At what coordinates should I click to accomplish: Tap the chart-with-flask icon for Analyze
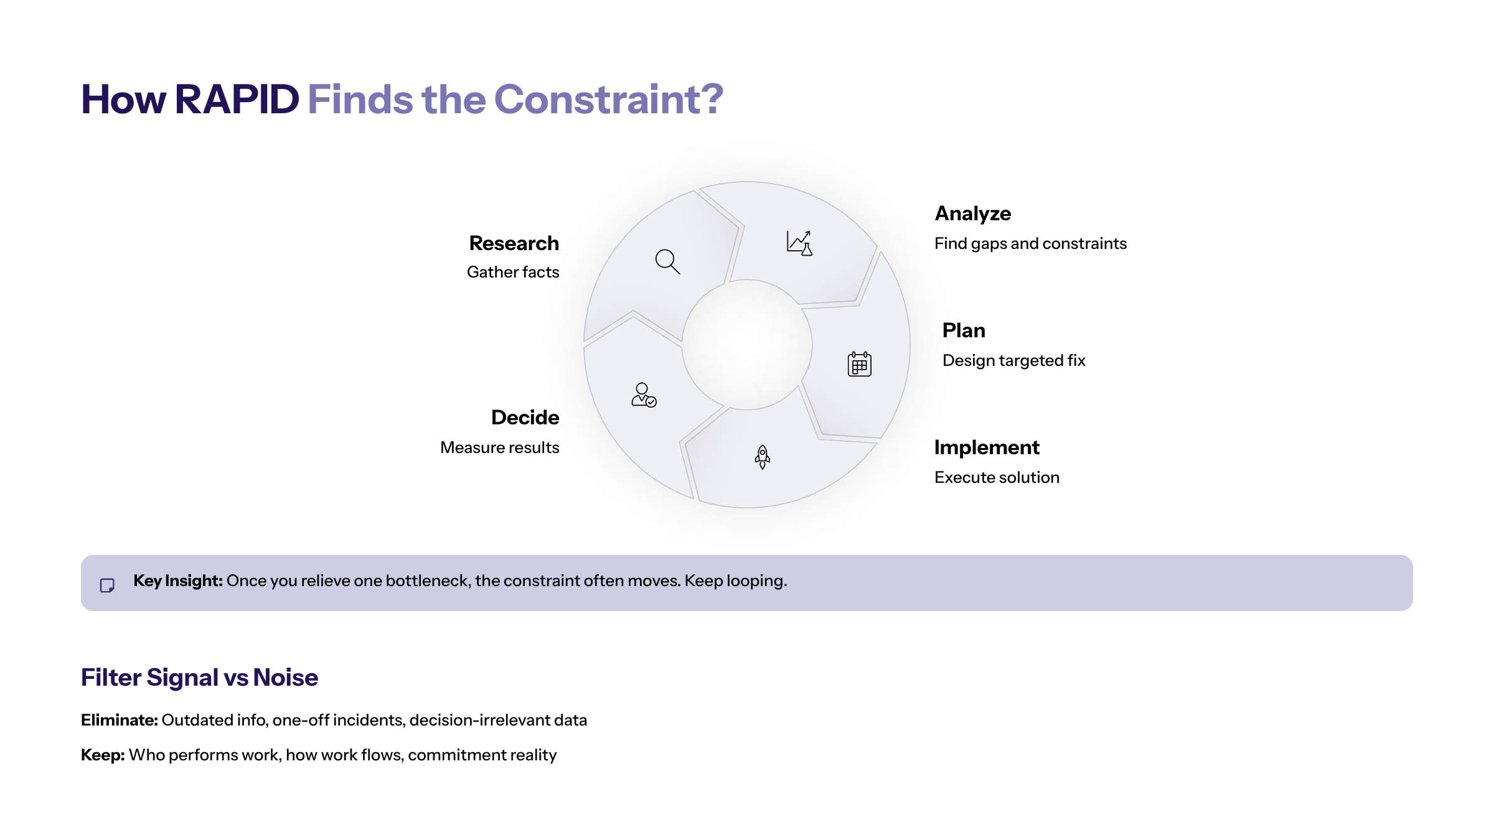[799, 243]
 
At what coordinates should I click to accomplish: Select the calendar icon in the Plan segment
[859, 364]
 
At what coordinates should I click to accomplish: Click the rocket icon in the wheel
[762, 457]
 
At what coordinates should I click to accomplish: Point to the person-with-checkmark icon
[644, 395]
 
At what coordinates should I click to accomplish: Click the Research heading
[514, 243]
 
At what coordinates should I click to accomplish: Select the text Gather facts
[513, 272]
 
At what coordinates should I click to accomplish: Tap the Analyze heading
[972, 213]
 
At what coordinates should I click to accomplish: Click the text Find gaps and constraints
[1030, 243]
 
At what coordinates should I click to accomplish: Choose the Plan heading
[964, 330]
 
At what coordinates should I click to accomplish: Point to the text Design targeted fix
[1013, 360]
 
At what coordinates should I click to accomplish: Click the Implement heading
[987, 447]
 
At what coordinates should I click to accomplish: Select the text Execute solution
[997, 477]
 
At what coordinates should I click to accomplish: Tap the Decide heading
[525, 418]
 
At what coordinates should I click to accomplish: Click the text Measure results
[499, 447]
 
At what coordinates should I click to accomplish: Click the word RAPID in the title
[237, 100]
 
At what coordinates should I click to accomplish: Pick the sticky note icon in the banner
[107, 586]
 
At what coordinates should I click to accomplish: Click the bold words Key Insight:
[177, 581]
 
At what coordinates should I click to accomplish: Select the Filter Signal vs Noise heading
[199, 678]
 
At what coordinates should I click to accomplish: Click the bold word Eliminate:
[119, 720]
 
